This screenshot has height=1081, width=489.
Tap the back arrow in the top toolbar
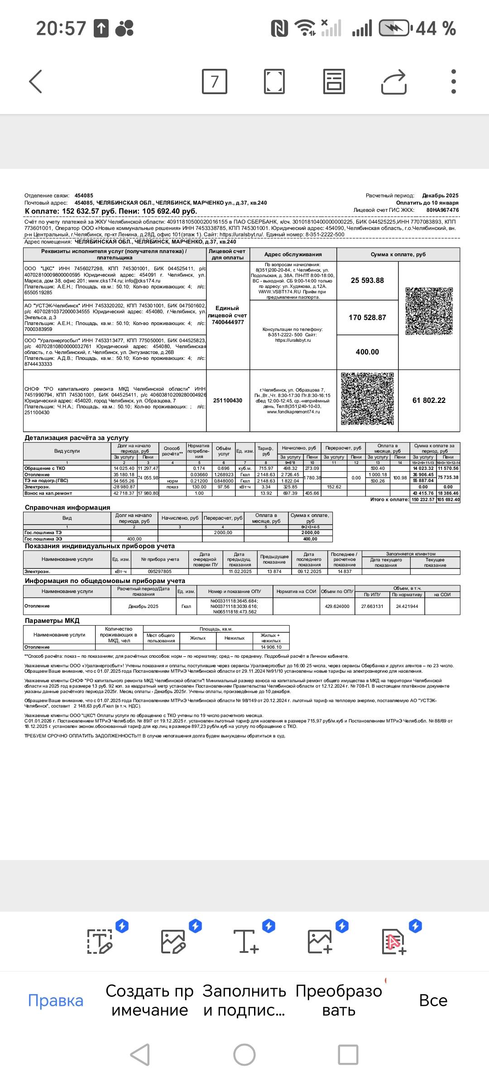pos(36,81)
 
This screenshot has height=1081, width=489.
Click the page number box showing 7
pos(214,81)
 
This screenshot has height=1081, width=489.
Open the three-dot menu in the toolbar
pos(453,81)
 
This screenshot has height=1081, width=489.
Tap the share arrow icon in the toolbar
pos(393,81)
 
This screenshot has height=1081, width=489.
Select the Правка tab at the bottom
pos(56,1000)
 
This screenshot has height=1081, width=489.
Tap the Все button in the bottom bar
pos(433,1000)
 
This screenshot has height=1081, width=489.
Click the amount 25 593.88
pos(367,281)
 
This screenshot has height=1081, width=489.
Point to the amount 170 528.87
pos(367,318)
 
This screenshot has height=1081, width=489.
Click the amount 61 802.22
pos(429,401)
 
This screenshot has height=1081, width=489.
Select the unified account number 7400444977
pos(228,322)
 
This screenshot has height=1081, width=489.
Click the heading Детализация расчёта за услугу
pos(77,438)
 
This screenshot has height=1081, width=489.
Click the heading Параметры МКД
pos(52,621)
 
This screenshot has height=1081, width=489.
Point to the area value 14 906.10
pos(271,647)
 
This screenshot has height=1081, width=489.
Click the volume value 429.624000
pos(337,606)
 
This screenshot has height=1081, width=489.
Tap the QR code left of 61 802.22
pos(367,399)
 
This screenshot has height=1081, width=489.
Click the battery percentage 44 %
pos(436,29)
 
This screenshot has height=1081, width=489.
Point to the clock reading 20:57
pos(61,29)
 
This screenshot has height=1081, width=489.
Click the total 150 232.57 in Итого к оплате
pos(423,500)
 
